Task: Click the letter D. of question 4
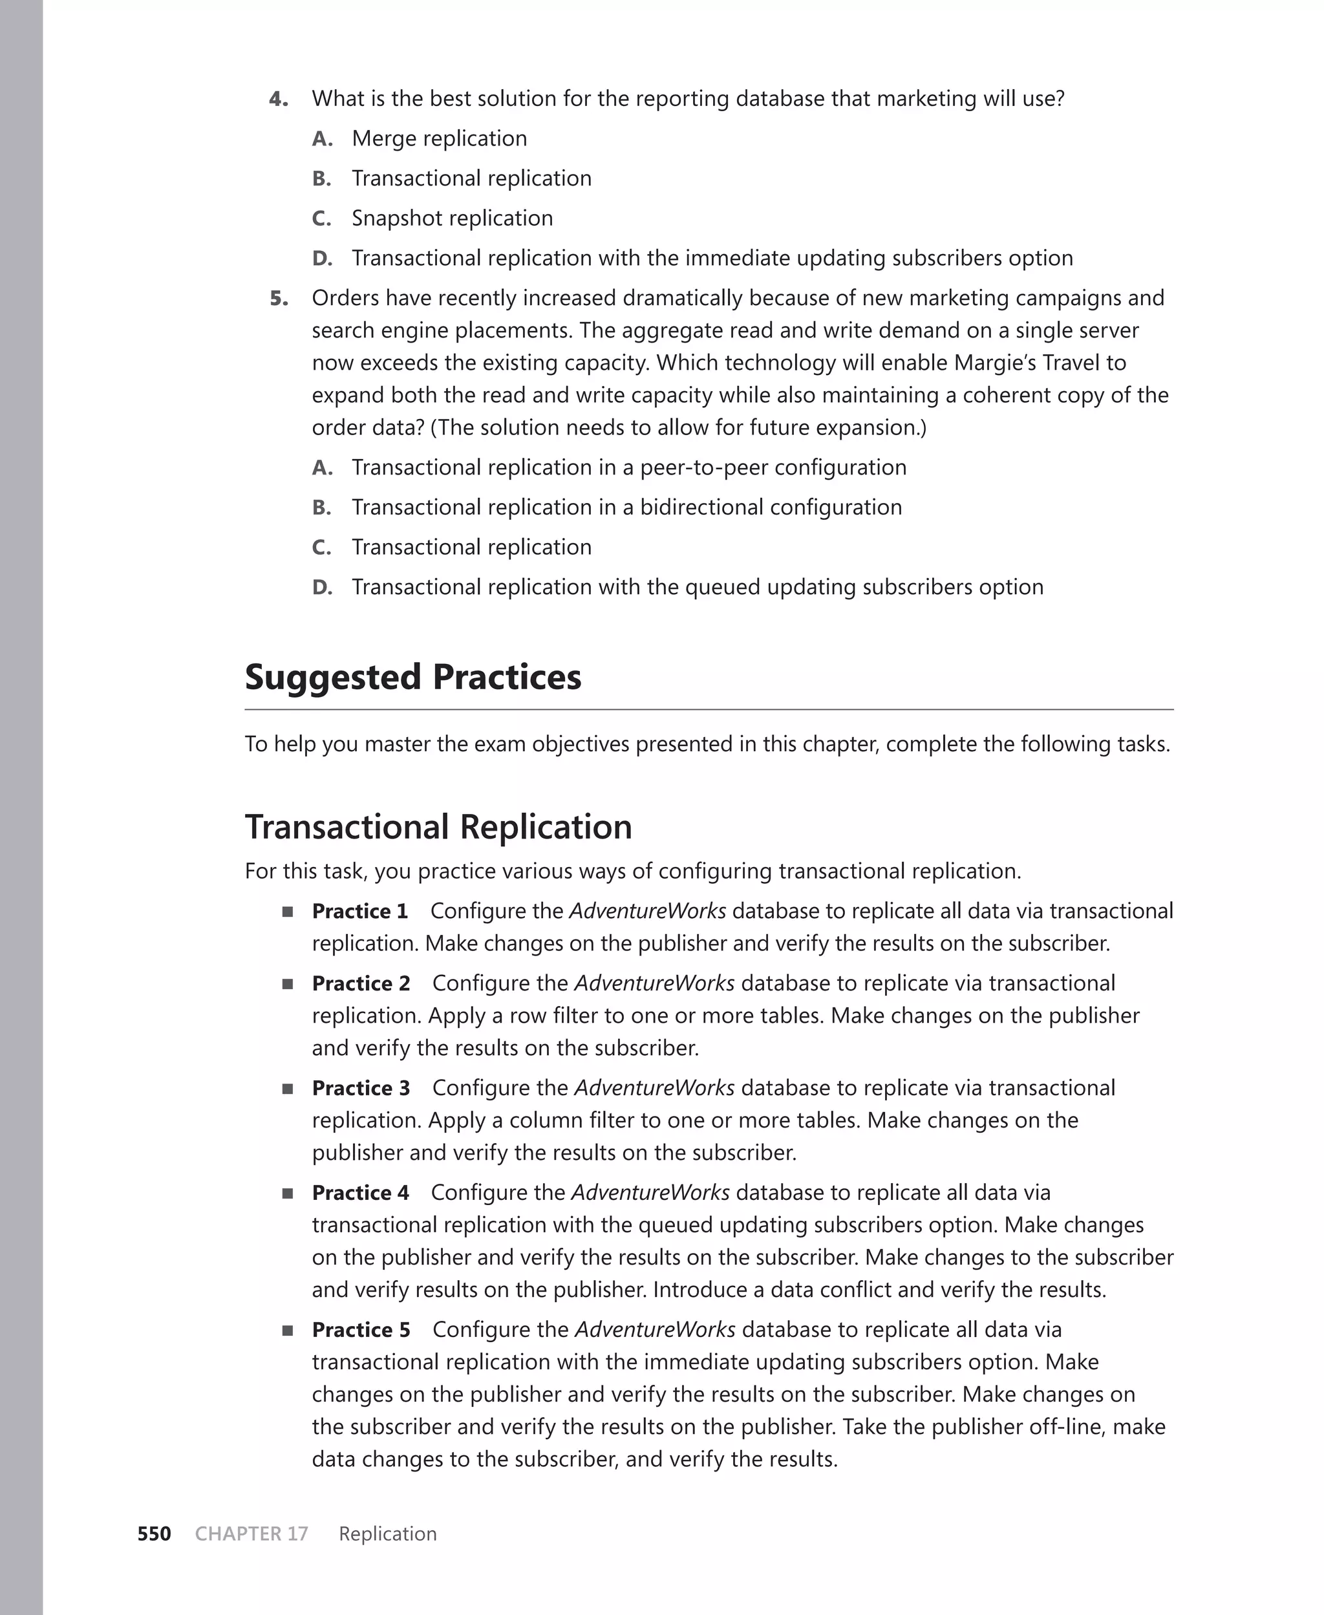322,259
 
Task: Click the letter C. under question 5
321,548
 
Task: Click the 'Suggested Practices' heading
412,677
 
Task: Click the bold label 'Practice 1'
359,911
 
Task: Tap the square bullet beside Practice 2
288,983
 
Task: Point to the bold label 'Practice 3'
361,1088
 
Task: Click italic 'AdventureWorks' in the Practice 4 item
650,1193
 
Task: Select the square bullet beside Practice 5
288,1331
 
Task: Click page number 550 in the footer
154,1534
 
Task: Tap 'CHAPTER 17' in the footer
251,1534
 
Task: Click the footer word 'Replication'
387,1534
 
